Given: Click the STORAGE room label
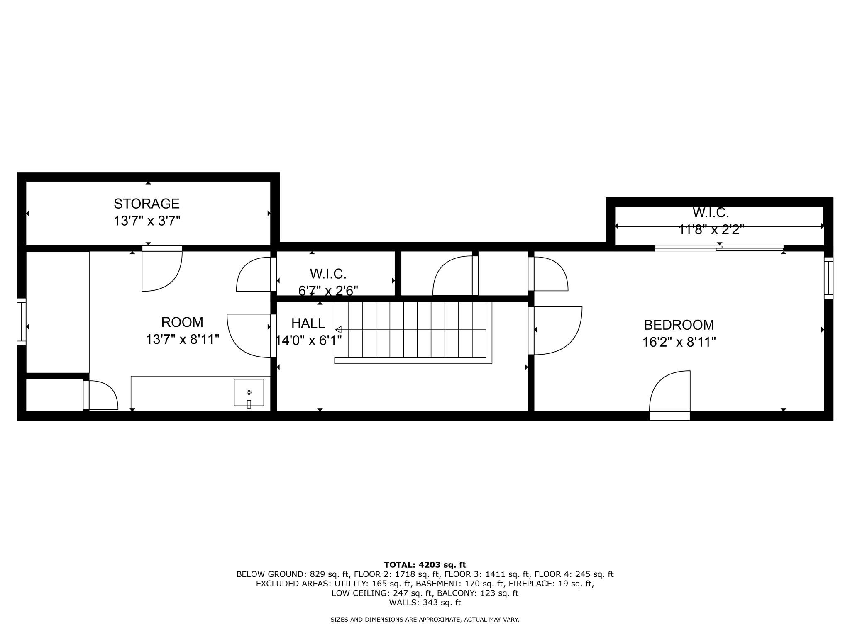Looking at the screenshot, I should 147,204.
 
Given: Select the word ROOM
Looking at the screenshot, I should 182,322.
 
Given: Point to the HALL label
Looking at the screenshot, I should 308,323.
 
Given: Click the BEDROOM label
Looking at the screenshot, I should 679,325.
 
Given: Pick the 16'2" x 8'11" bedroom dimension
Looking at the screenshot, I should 679,343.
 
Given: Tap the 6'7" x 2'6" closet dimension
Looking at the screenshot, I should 328,291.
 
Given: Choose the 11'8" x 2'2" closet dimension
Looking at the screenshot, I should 711,229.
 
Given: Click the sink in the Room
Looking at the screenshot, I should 249,392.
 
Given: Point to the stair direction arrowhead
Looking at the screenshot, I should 338,330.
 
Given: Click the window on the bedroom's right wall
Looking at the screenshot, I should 828,278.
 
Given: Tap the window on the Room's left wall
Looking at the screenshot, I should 21,321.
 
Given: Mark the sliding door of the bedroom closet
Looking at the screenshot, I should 719,248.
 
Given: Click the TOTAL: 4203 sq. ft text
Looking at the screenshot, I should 425,565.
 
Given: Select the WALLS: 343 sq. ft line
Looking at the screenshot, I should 425,603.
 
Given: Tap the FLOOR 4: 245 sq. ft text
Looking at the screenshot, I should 574,574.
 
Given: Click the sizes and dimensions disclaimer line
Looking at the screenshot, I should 425,620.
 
